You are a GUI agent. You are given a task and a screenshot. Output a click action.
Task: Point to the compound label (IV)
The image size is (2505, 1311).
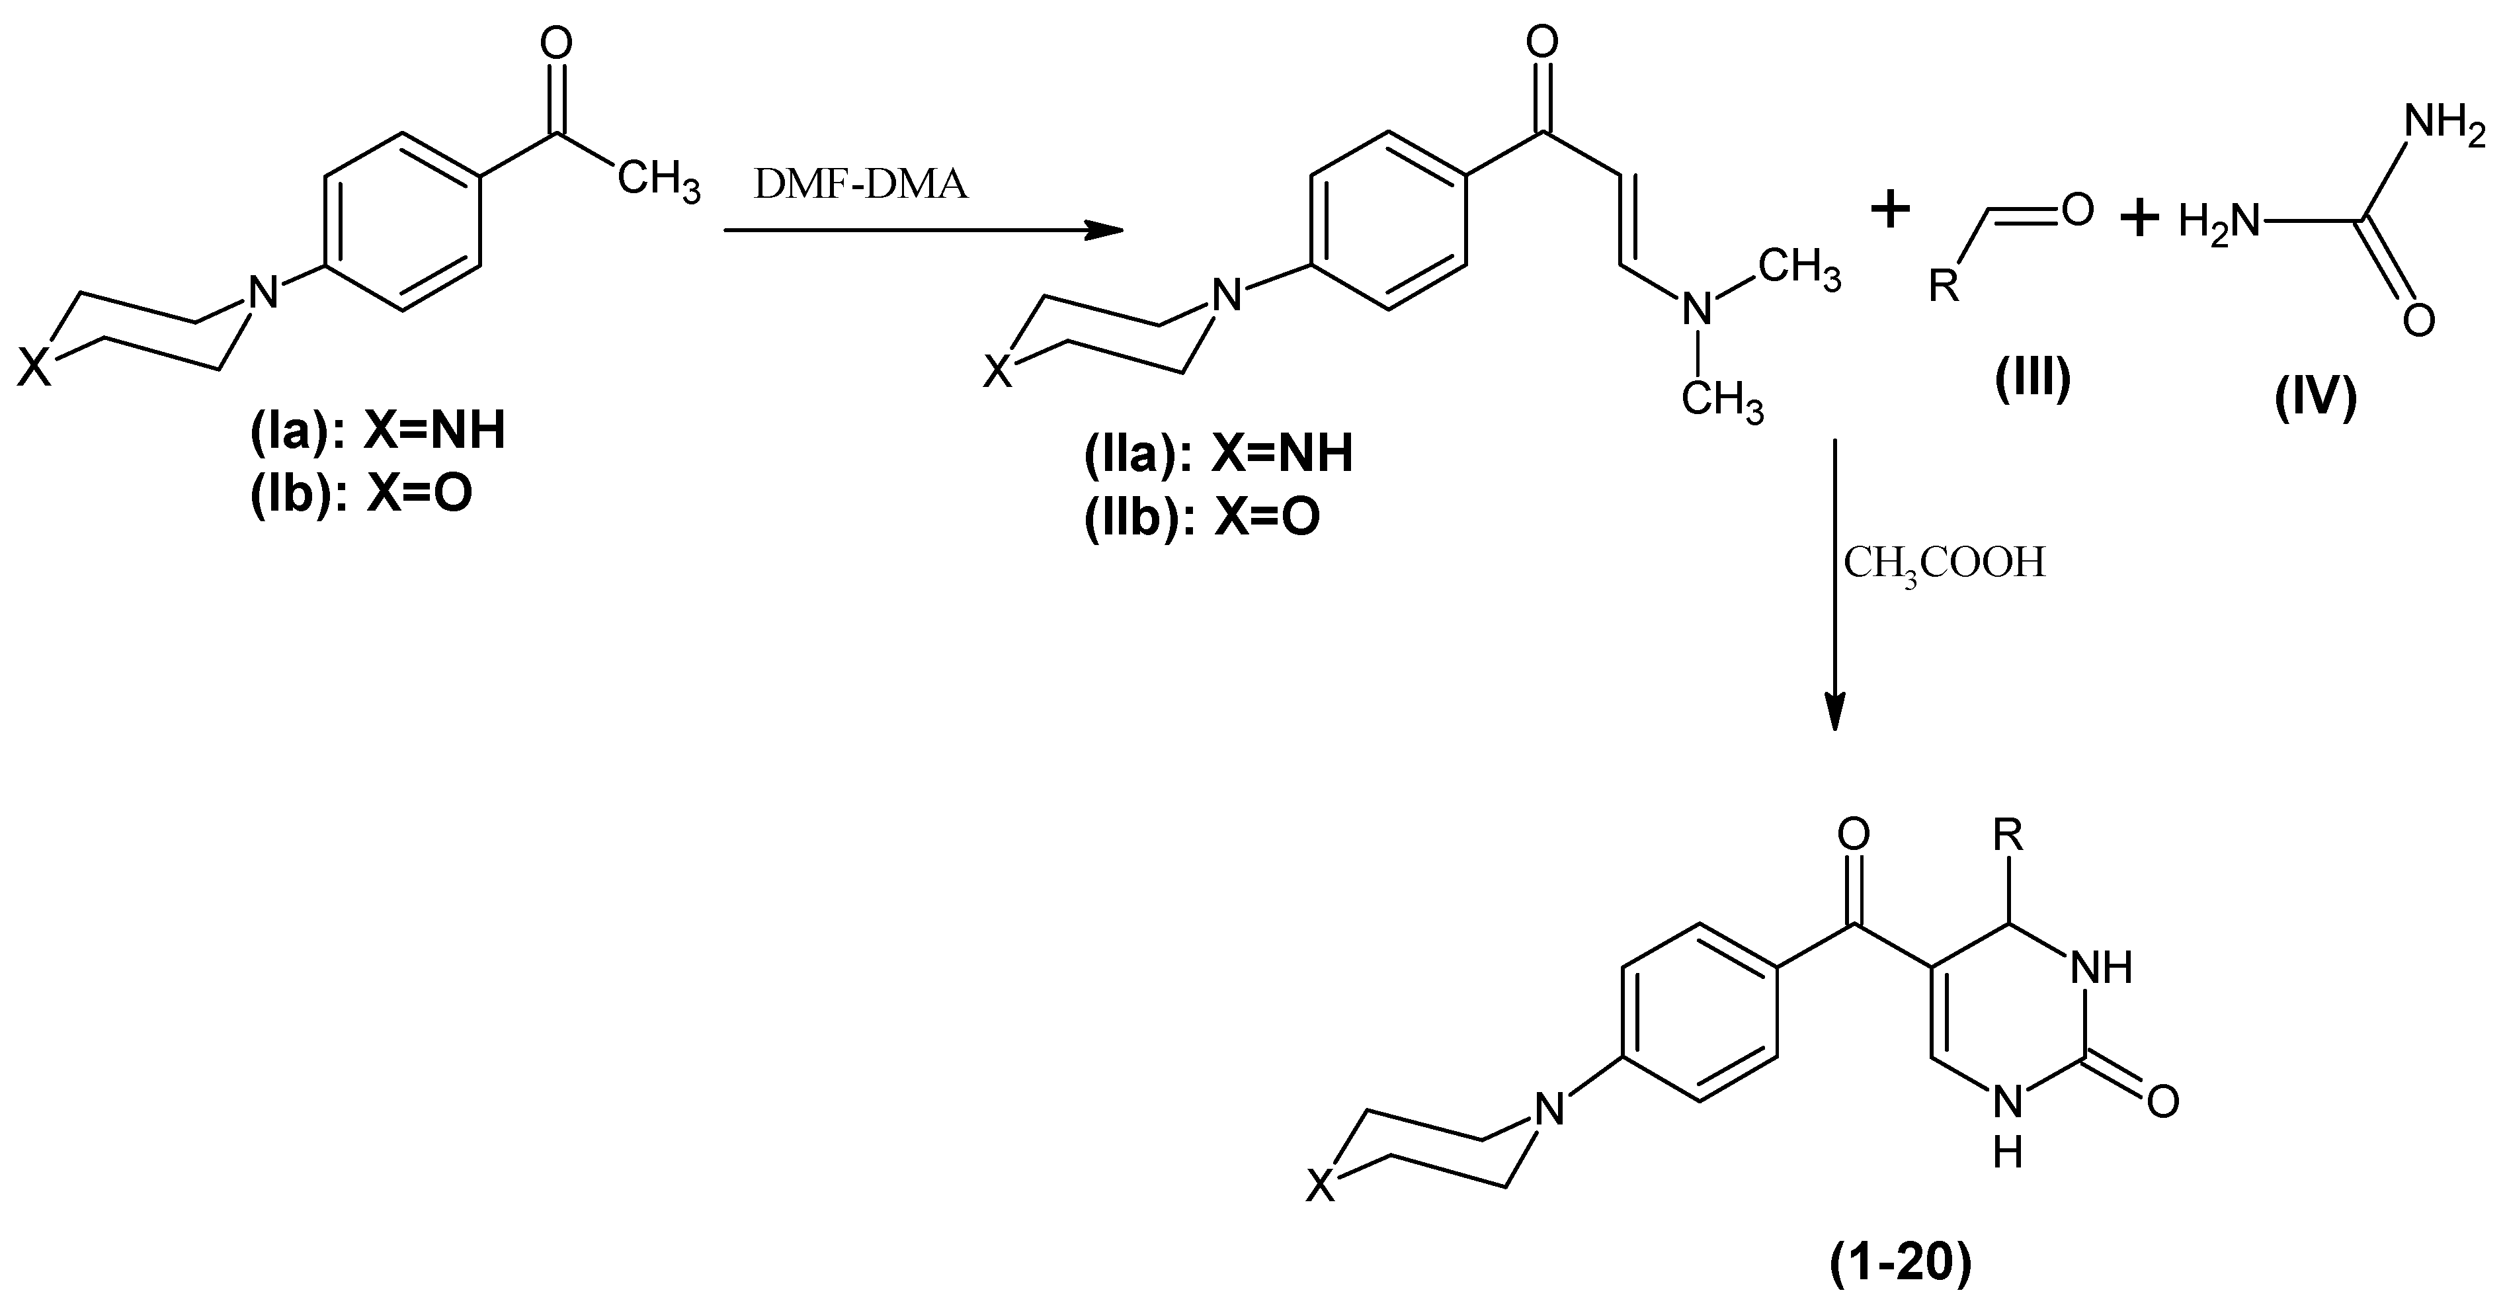(x=2315, y=398)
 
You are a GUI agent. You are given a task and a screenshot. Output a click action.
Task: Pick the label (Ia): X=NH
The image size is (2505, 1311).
(x=378, y=431)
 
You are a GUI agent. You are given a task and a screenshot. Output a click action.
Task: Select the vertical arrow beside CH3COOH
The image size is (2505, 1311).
(x=1834, y=583)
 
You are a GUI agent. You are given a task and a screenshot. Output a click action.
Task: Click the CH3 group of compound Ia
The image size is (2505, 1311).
(x=659, y=182)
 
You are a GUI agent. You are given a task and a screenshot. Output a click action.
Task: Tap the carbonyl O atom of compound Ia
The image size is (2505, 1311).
(x=555, y=43)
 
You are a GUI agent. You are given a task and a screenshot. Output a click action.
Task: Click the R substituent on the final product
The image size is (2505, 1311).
(x=2009, y=833)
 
